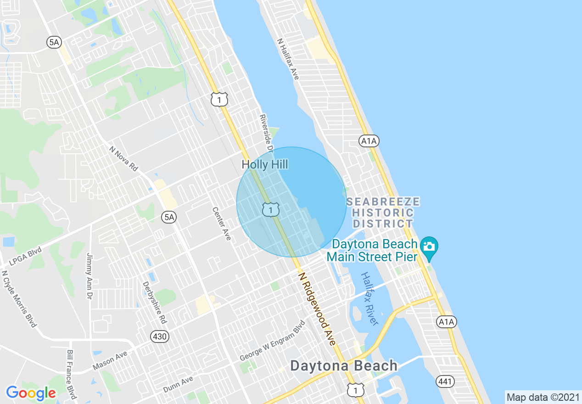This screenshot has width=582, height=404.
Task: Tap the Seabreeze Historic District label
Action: pos(383,213)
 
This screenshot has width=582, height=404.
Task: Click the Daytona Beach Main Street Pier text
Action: pos(372,250)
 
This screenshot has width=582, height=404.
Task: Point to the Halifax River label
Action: pos(369,298)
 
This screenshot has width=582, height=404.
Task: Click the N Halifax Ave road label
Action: pos(288,59)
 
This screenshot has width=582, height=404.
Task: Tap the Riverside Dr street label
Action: pos(266,133)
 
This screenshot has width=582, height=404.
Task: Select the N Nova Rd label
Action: pos(123,159)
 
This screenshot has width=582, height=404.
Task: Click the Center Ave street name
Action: pos(221,224)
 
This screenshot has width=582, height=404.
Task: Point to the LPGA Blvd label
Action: pos(25,257)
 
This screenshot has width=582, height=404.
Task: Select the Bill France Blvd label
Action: pos(71,374)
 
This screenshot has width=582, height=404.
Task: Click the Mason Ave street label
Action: pos(110,361)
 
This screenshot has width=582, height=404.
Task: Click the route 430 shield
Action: pos(160,337)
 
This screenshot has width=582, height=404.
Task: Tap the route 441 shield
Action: pos(445,381)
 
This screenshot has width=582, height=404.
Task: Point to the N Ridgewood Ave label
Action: pos(317,308)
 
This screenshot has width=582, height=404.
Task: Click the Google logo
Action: pos(31,393)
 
